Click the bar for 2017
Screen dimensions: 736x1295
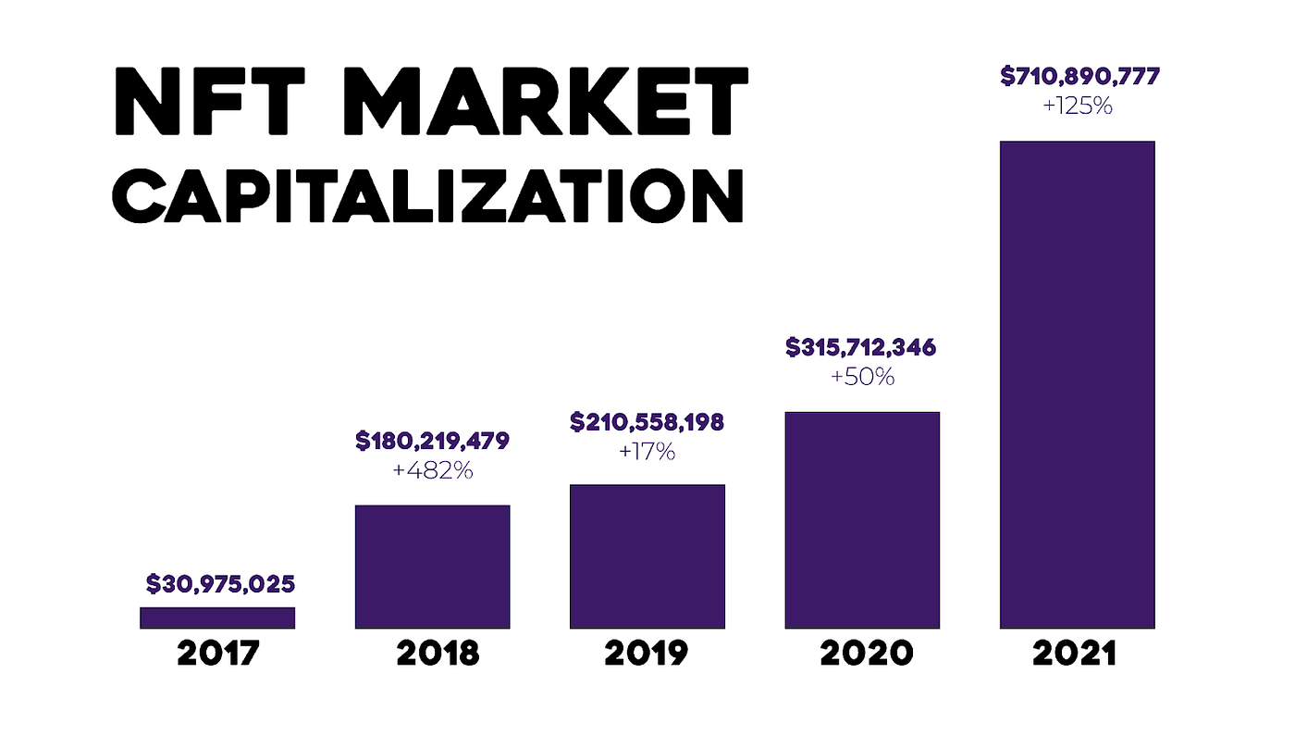pos(217,617)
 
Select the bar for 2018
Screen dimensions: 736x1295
pos(432,567)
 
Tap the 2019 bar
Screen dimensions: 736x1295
pos(647,556)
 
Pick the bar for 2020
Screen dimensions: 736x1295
pos(862,520)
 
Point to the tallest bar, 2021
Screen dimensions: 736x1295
pos(1077,384)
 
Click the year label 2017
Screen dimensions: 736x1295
pos(218,654)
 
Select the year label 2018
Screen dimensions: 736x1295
pos(438,654)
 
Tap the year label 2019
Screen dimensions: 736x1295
pos(647,654)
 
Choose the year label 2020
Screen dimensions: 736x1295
pos(866,654)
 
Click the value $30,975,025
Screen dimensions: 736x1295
pos(220,584)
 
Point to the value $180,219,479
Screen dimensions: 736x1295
pos(432,442)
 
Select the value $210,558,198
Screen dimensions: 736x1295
pos(647,423)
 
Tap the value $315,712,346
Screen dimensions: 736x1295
pos(860,348)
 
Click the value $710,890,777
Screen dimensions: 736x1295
pos(1079,77)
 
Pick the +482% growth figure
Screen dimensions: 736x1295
pos(432,471)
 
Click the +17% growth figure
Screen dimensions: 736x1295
pos(647,453)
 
